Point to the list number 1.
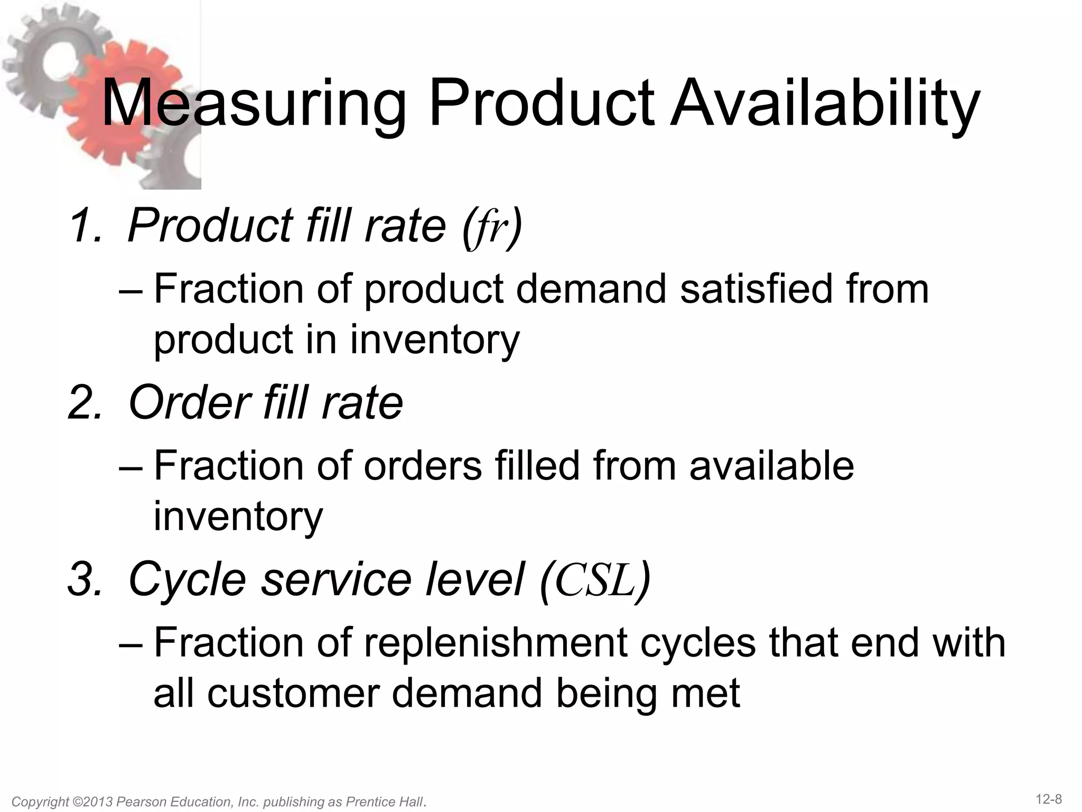(x=85, y=226)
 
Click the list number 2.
(x=85, y=403)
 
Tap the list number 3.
(x=85, y=579)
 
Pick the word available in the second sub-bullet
(x=771, y=466)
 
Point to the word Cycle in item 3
(x=188, y=579)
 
